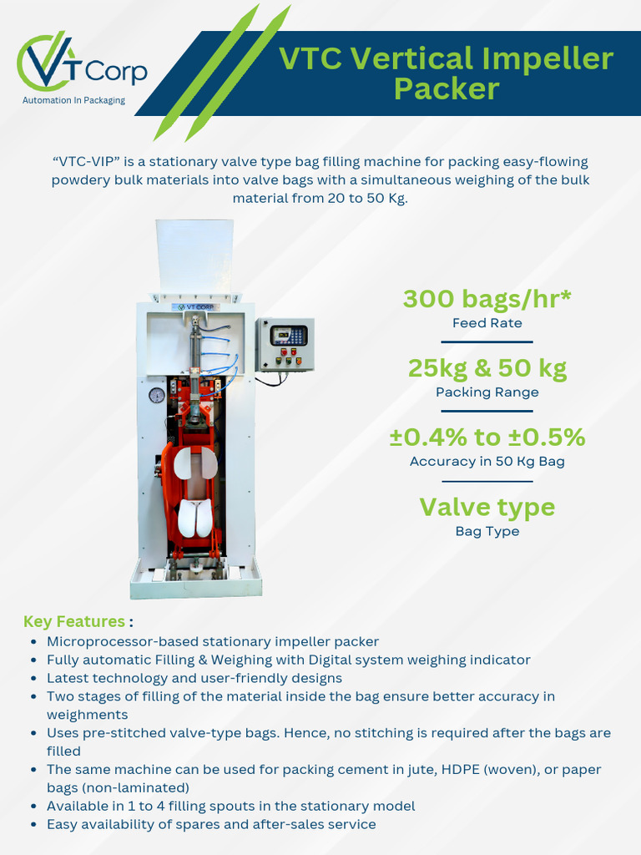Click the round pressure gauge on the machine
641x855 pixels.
pos(156,396)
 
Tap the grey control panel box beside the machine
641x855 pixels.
pos(285,344)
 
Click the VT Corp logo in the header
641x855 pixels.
pos(81,67)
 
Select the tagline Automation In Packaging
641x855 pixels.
pos(73,100)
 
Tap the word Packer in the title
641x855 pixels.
pos(447,89)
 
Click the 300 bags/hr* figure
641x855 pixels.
pos(487,298)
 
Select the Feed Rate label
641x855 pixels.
pos(487,322)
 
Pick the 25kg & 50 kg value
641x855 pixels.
pos(487,367)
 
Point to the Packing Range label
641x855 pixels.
pos(487,392)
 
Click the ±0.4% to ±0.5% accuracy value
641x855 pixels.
pos(487,437)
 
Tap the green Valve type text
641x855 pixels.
pos(487,507)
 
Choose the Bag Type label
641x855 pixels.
pos(487,531)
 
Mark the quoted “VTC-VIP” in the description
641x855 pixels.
pos(86,161)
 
